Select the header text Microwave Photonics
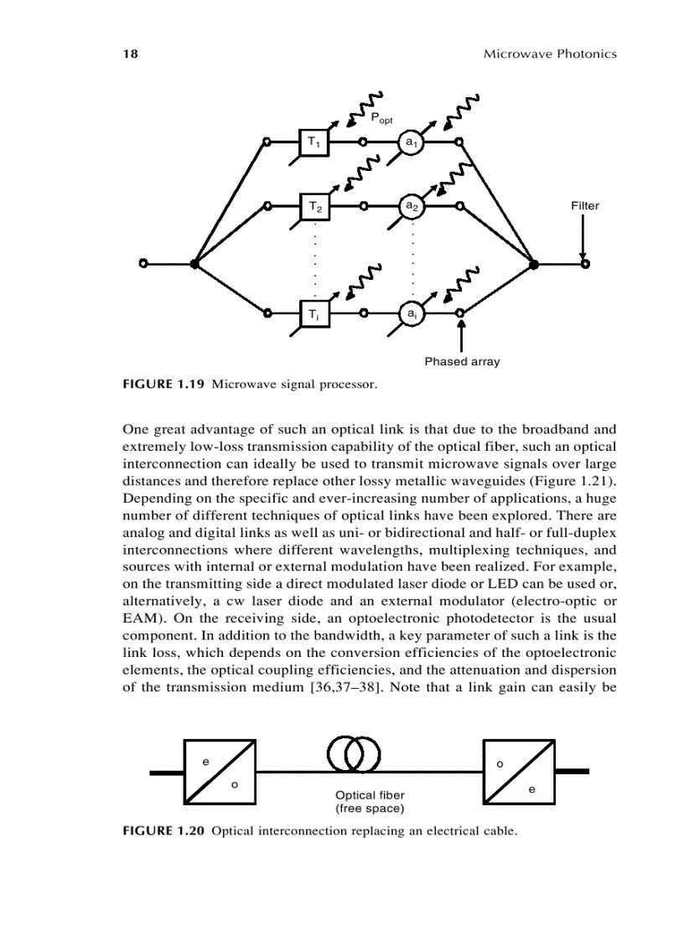point(550,54)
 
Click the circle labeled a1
point(411,142)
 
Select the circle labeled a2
point(411,205)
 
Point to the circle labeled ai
point(411,313)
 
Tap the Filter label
point(585,205)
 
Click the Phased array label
point(462,362)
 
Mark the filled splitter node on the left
point(194,264)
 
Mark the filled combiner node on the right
point(535,264)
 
